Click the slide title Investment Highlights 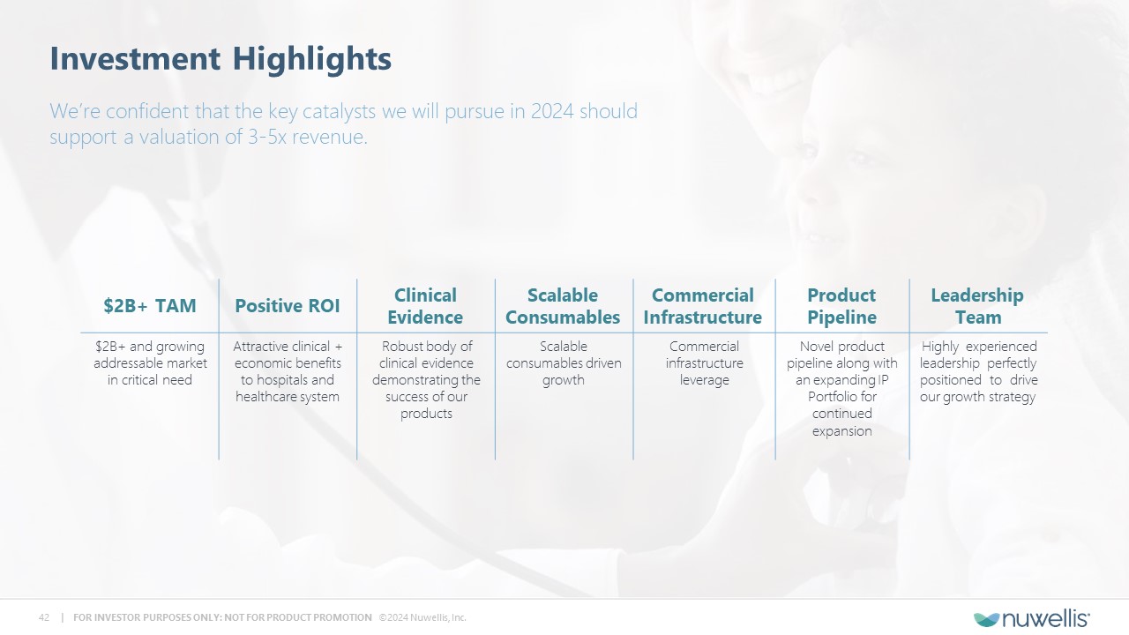coord(221,59)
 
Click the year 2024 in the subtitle coord(552,111)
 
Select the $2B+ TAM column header coord(150,306)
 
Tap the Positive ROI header coord(288,306)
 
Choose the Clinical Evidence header coord(425,306)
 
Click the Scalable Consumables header coord(563,306)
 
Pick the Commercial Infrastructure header coord(703,306)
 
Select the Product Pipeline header coord(841,306)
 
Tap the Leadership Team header coord(977,306)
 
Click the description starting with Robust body coord(426,380)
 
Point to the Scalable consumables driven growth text coord(564,362)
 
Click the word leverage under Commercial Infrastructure coord(704,380)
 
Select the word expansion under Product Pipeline coord(841,431)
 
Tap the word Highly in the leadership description coord(940,347)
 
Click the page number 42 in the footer coord(44,617)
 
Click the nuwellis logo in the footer coord(1032,619)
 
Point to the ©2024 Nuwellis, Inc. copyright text coord(422,617)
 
